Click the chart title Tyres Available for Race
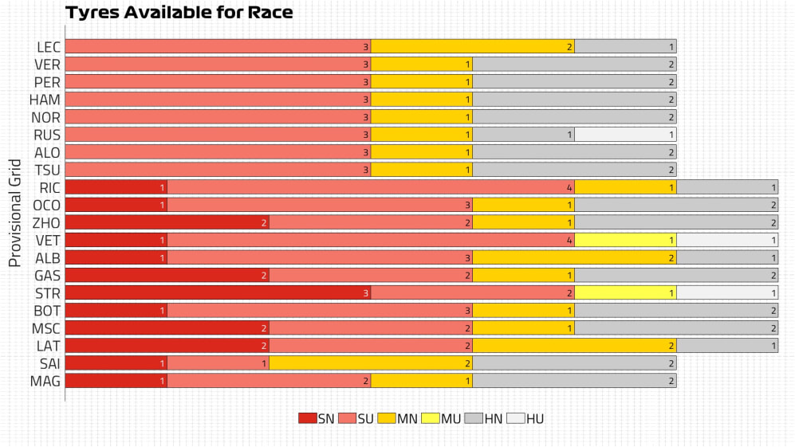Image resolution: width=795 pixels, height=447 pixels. click(179, 13)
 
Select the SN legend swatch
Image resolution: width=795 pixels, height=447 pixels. click(308, 418)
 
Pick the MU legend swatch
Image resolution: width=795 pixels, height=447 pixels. click(431, 418)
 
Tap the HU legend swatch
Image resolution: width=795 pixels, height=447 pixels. click(515, 418)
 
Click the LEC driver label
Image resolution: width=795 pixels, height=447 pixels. click(48, 47)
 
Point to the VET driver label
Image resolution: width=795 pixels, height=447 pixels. click(48, 240)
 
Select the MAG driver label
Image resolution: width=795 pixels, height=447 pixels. click(46, 380)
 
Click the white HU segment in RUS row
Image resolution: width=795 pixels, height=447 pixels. click(625, 135)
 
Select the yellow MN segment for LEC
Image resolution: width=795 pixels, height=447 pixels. click(473, 47)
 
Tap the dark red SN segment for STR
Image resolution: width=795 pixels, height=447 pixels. click(218, 292)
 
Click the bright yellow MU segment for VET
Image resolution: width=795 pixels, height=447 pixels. click(625, 240)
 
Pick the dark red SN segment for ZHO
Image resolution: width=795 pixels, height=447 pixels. click(167, 222)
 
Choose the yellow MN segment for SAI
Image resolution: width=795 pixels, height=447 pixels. click(371, 363)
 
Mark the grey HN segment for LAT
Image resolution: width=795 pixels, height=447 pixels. click(727, 345)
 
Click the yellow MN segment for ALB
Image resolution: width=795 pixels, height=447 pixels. click(574, 257)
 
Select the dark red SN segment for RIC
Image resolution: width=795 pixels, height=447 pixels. click(116, 187)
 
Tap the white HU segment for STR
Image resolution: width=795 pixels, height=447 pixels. click(727, 292)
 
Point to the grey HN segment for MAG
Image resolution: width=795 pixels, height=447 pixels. click(574, 380)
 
